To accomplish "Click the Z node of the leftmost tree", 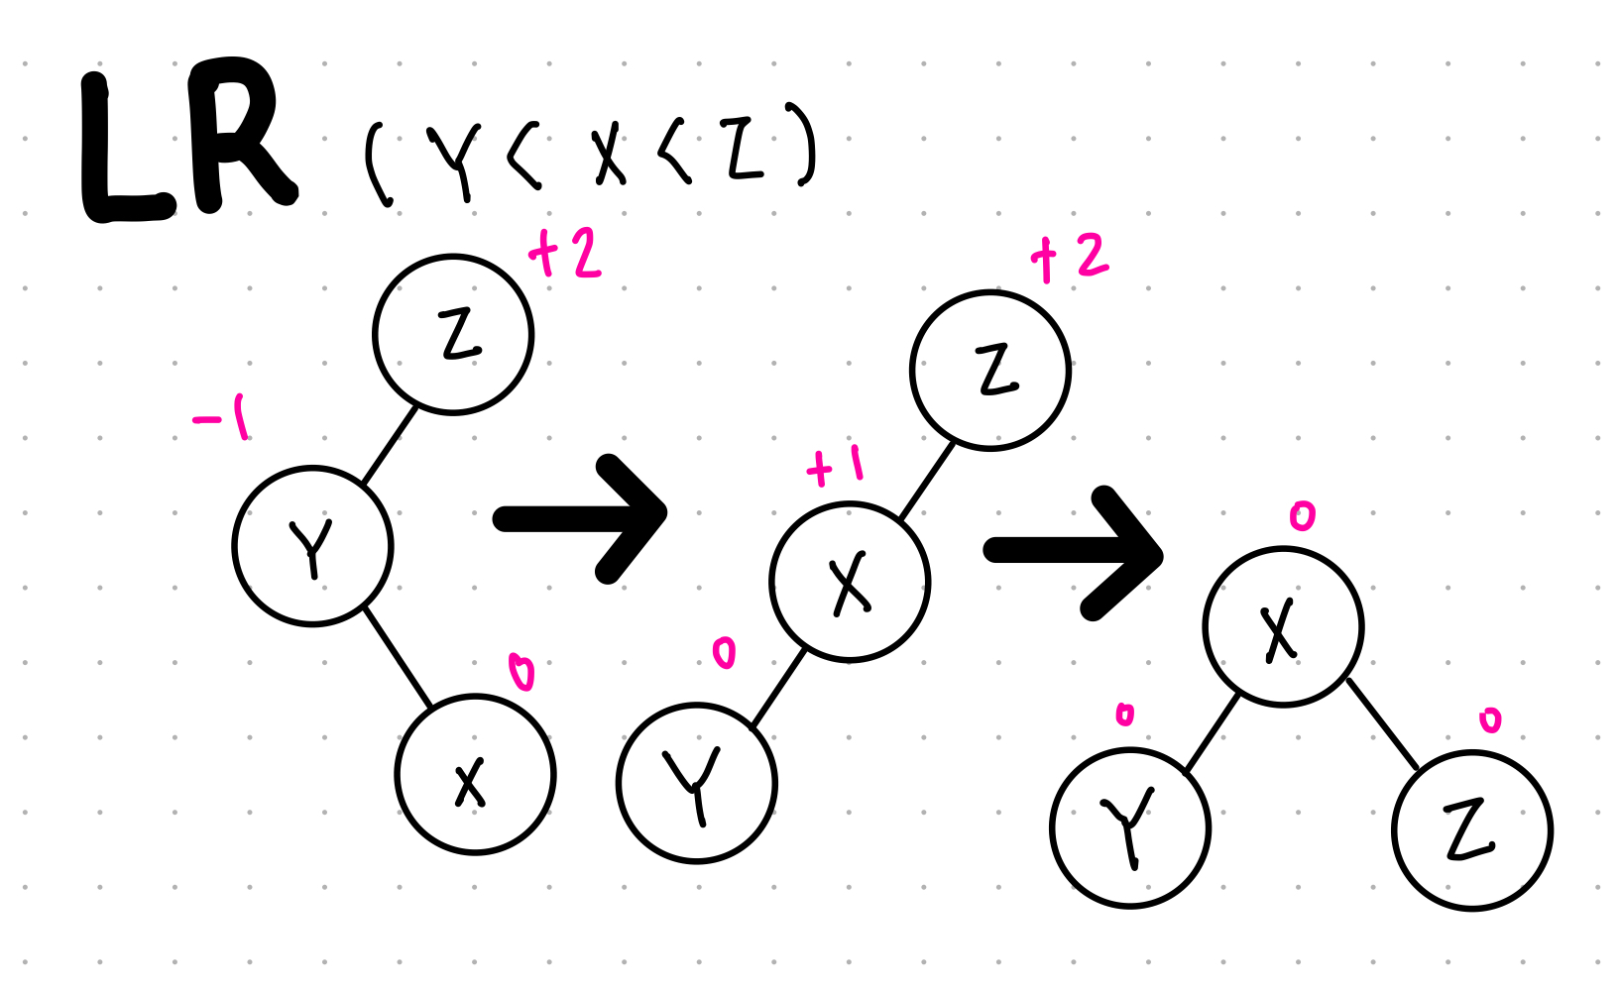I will pyautogui.click(x=453, y=334).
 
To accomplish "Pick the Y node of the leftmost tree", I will pyautogui.click(x=312, y=546).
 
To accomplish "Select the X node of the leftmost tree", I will pyautogui.click(x=475, y=774).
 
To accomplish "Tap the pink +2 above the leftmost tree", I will pyautogui.click(x=566, y=254).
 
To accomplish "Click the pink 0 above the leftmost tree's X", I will pyautogui.click(x=521, y=672).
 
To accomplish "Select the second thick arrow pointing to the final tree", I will pyautogui.click(x=1076, y=552).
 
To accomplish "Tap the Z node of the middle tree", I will pyautogui.click(x=990, y=370).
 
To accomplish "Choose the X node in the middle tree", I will pyautogui.click(x=850, y=582).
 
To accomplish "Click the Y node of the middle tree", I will pyautogui.click(x=696, y=783).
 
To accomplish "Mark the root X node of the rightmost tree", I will pyautogui.click(x=1283, y=626).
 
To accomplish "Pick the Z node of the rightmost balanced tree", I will pyautogui.click(x=1471, y=830).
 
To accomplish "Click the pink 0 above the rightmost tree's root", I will pyautogui.click(x=1302, y=515).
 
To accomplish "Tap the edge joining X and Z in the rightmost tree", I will pyautogui.click(x=1383, y=724).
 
